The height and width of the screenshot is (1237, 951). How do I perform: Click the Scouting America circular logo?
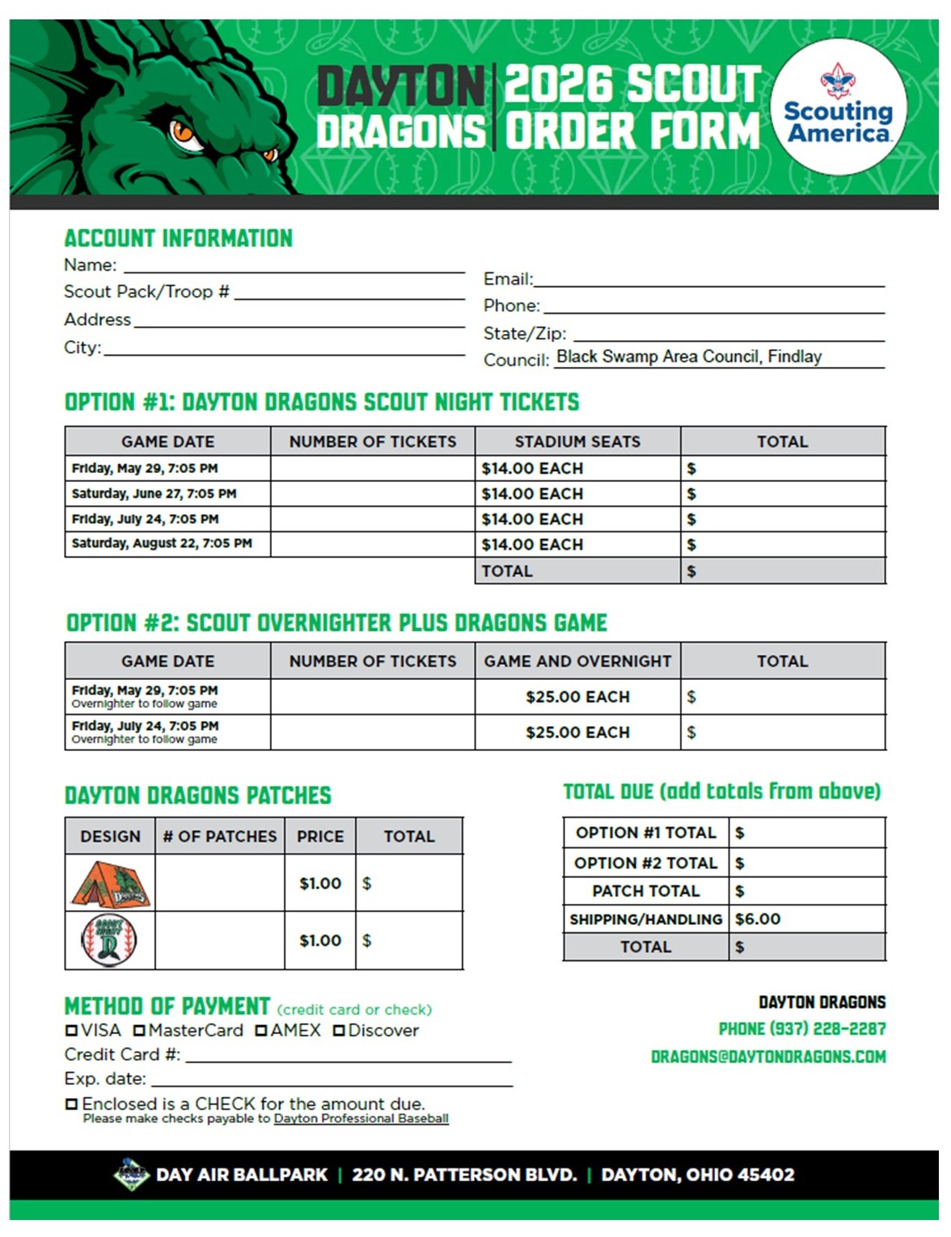click(839, 107)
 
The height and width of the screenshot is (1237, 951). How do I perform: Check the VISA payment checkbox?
click(71, 1031)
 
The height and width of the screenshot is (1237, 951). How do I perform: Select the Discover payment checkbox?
click(339, 1031)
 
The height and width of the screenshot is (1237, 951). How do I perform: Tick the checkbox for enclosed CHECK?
click(71, 1104)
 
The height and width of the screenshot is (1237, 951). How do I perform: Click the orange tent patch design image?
click(110, 884)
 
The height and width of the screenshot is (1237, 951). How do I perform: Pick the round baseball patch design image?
click(109, 940)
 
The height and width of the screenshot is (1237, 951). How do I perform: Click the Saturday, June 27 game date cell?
click(154, 493)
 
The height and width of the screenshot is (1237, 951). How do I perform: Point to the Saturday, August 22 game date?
click(162, 543)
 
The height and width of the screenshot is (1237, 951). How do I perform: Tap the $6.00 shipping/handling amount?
click(758, 919)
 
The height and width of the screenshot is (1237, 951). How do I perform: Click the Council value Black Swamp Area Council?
click(689, 357)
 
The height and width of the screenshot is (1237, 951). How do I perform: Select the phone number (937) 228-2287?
click(801, 1029)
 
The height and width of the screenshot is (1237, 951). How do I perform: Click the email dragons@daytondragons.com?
click(767, 1057)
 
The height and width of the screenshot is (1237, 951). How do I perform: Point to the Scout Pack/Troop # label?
click(146, 292)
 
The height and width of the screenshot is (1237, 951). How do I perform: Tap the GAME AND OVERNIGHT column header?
click(577, 661)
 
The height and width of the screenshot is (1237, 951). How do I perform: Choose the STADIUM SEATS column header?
click(577, 441)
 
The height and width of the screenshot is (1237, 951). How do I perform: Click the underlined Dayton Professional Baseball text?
click(361, 1119)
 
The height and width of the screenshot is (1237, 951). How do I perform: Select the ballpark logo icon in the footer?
click(131, 1175)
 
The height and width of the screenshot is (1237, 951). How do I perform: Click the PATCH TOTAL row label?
click(645, 891)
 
